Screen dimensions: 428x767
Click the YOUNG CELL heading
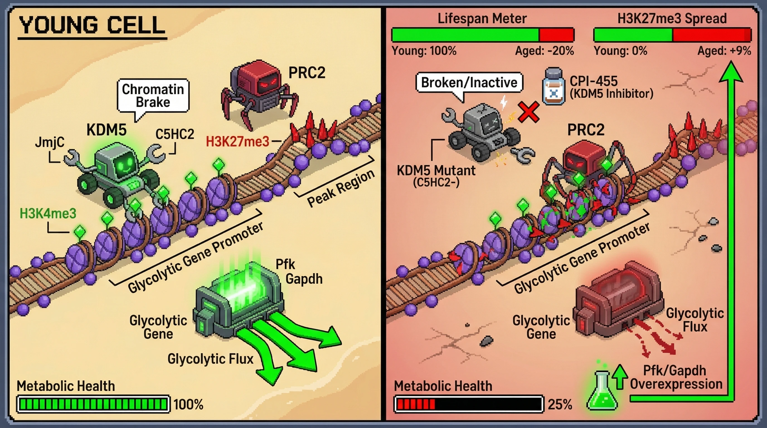tap(92, 25)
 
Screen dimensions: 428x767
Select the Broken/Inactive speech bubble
tap(469, 82)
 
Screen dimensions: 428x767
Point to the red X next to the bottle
tap(528, 112)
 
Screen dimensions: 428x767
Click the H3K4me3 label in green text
tap(48, 213)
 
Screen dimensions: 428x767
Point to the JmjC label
tap(49, 142)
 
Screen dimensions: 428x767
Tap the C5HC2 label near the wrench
tap(175, 134)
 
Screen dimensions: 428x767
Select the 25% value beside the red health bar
tap(560, 405)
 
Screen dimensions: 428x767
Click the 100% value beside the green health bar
tap(188, 405)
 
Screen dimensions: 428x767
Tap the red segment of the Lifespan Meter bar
tap(556, 35)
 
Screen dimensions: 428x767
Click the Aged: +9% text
tap(724, 51)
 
